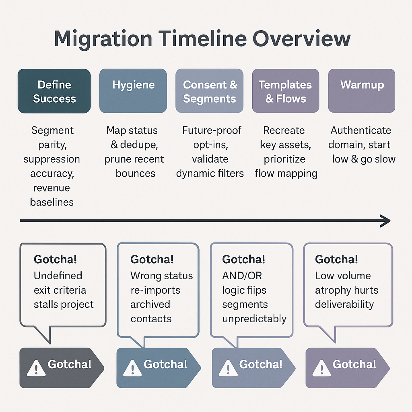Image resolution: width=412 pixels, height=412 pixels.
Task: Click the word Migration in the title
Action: click(103, 39)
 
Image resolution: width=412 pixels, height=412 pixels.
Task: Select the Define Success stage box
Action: click(54, 91)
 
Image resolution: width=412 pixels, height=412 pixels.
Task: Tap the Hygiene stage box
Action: click(133, 91)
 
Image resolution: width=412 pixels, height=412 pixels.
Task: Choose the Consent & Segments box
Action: click(210, 91)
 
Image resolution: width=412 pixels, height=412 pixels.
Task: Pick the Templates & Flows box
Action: click(285, 91)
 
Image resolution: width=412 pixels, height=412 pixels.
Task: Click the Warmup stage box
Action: click(362, 91)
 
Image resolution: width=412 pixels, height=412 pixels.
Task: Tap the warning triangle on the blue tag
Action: click(132, 367)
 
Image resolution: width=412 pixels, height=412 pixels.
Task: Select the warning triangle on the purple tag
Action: click(321, 367)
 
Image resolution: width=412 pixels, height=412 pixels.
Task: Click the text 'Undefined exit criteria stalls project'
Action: click(63, 290)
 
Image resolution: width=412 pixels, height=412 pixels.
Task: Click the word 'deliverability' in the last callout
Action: click(344, 304)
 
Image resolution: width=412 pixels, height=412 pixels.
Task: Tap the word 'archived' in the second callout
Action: click(150, 304)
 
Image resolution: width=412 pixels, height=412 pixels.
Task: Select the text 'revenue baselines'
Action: click(51, 195)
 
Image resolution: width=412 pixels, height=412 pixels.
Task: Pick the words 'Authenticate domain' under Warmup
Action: click(361, 137)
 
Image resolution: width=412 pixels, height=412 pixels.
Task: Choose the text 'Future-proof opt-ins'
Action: click(211, 137)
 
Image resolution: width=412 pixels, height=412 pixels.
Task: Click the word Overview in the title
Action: click(302, 39)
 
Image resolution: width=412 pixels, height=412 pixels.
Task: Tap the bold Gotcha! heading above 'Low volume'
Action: click(336, 260)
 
